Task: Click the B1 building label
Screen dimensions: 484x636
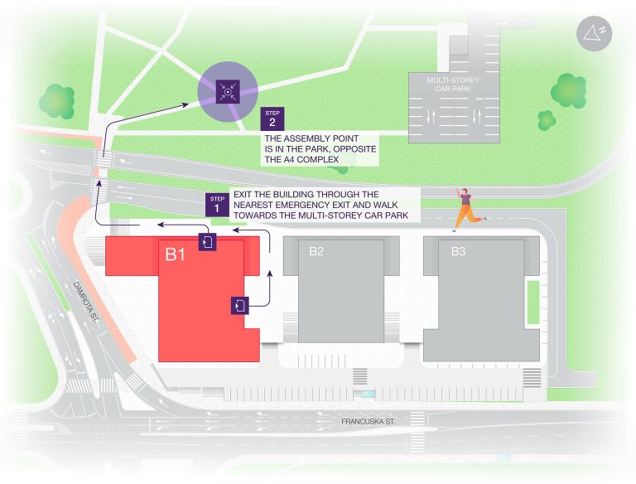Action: tap(175, 254)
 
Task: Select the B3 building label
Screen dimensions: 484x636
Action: tap(458, 250)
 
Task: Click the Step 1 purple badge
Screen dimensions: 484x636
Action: tap(217, 204)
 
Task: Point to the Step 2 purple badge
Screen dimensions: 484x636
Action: tap(272, 118)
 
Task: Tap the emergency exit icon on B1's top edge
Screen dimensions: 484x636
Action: tap(206, 242)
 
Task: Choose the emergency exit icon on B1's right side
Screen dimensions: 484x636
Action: tap(239, 305)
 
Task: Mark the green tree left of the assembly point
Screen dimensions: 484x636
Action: tap(57, 99)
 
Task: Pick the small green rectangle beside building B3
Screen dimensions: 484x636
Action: tap(532, 302)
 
